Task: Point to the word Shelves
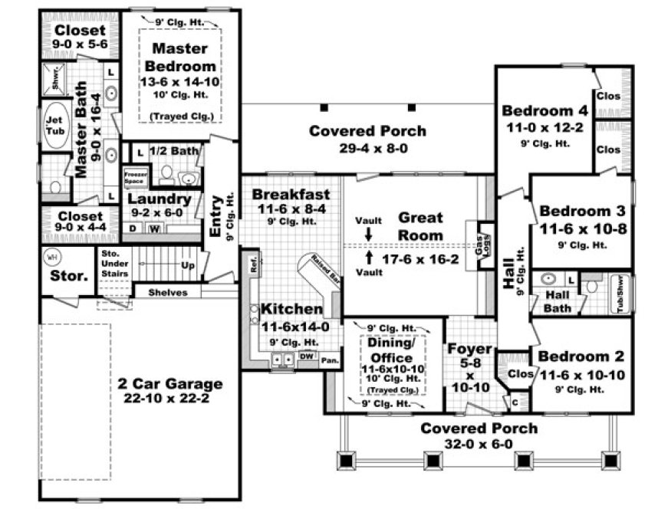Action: [x=167, y=292]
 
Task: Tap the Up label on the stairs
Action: [x=186, y=266]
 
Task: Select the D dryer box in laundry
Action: [x=133, y=228]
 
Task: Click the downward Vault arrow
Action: [x=369, y=233]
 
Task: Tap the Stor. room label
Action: [x=65, y=276]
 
